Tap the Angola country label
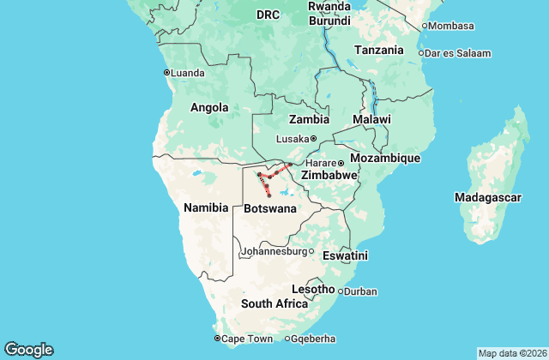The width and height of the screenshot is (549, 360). pos(209,108)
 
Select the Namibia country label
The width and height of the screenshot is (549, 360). pos(206,207)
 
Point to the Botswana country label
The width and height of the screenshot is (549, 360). pos(270,208)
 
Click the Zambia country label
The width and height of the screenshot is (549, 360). pos(309,119)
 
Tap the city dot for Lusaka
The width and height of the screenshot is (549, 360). pos(313,139)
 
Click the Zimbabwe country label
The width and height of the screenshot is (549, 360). pos(328,175)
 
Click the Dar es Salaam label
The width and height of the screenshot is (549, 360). pos(457,53)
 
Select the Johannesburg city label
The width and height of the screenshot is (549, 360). pos(274,252)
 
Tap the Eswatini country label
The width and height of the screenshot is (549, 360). pos(345,255)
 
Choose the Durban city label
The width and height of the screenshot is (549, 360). pos(360,291)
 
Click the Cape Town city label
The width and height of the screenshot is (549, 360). pos(247,339)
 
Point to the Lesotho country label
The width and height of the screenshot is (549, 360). pos(313,289)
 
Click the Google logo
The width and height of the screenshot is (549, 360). pos(28,350)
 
